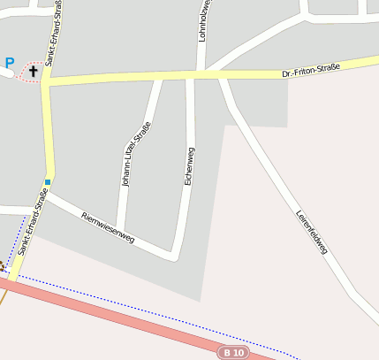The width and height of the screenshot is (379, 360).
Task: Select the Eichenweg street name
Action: coord(189,165)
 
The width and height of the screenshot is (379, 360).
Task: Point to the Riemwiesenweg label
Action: coord(107,228)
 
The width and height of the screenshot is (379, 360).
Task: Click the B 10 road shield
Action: coord(233,352)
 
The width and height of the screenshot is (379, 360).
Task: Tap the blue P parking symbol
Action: coord(10,63)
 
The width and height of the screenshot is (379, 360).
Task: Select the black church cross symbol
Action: coord(34,69)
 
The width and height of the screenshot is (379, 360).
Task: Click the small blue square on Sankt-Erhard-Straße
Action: coord(48,182)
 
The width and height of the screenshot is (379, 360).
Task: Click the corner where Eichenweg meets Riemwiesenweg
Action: coord(178,257)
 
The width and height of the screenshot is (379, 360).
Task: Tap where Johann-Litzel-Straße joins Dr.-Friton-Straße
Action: coord(158,78)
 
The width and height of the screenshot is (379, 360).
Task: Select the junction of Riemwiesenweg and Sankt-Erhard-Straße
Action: coord(46,195)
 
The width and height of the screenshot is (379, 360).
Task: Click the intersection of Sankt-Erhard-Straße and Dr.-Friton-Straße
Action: coord(45,81)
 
